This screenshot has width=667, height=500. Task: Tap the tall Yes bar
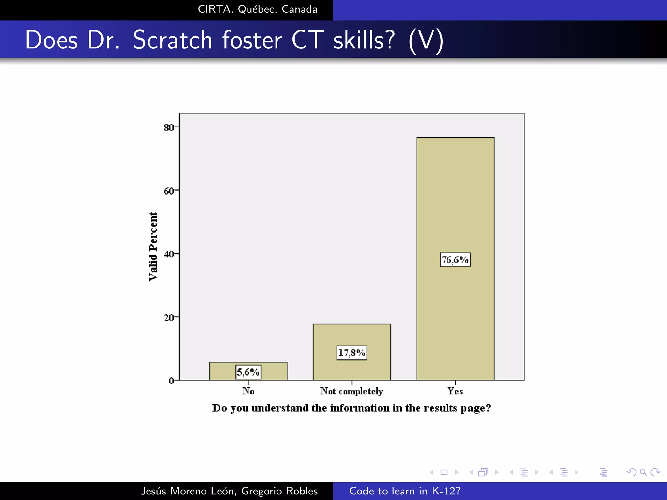(455, 195)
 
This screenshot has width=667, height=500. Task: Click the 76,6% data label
(455, 259)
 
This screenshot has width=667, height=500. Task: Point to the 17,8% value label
(352, 353)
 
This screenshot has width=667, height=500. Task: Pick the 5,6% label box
(248, 372)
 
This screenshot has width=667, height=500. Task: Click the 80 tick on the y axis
(169, 127)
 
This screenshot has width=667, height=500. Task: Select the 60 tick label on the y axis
(169, 191)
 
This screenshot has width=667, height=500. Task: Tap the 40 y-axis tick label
(169, 254)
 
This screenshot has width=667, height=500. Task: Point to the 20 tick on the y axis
(169, 317)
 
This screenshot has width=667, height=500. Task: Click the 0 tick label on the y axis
(171, 381)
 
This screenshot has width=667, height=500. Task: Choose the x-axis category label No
(248, 391)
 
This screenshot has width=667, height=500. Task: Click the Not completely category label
(352, 391)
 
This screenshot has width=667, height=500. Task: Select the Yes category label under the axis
(455, 391)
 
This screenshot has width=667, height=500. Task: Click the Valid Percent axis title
(153, 246)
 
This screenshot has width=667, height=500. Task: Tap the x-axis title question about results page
(351, 408)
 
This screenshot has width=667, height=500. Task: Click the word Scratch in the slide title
(173, 40)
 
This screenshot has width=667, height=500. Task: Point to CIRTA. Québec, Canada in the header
(257, 9)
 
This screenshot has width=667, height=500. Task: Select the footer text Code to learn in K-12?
(405, 491)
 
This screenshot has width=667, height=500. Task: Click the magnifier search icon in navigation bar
(643, 472)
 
